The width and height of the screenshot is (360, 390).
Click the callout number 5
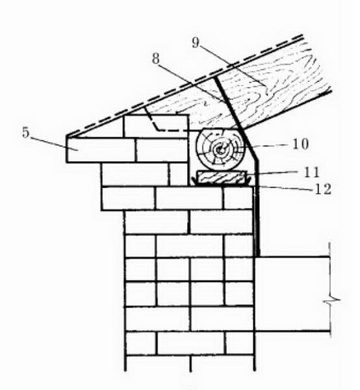pyautogui.click(x=25, y=132)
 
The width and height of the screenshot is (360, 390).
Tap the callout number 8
pyautogui.click(x=156, y=59)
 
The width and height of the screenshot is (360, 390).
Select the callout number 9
pyautogui.click(x=196, y=42)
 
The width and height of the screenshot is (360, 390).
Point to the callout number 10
pyautogui.click(x=301, y=144)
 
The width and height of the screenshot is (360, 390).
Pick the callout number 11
pyautogui.click(x=311, y=172)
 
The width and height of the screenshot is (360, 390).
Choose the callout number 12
pyautogui.click(x=323, y=189)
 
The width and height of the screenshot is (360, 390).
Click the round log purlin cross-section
pyautogui.click(x=220, y=149)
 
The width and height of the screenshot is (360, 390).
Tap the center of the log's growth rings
pyautogui.click(x=220, y=149)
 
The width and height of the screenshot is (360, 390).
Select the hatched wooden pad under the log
pyautogui.click(x=222, y=177)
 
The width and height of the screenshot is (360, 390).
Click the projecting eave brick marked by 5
pyautogui.click(x=101, y=150)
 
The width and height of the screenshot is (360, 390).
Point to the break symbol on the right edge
pyautogui.click(x=331, y=300)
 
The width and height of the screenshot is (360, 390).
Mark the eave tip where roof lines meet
pyautogui.click(x=67, y=136)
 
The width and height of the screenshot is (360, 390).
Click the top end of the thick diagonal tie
pyautogui.click(x=215, y=78)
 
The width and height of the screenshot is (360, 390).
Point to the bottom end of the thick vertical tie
pyautogui.click(x=258, y=255)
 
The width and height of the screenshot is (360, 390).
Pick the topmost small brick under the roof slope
pyautogui.click(x=156, y=126)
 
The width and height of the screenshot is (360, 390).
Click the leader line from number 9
pyautogui.click(x=233, y=64)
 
